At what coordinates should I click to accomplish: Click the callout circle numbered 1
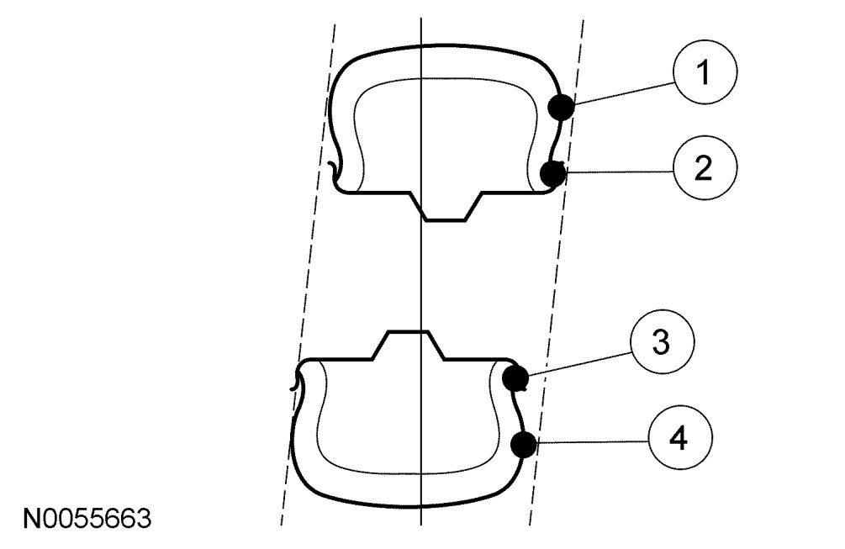[x=705, y=74]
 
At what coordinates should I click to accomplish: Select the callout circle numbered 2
[x=705, y=168]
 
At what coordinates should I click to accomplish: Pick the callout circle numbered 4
[x=679, y=436]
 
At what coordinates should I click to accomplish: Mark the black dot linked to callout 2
[x=552, y=174]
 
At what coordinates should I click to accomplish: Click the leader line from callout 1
[x=622, y=92]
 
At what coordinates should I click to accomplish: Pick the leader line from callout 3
[x=580, y=362]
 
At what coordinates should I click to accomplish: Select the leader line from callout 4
[x=593, y=440]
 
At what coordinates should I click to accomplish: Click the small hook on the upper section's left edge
[x=335, y=172]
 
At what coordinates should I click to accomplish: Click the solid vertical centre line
[x=420, y=277]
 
